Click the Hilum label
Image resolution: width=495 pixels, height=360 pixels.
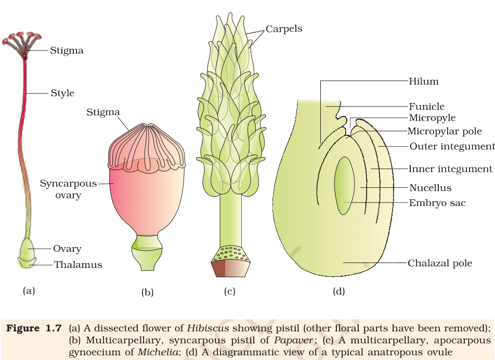point(424,81)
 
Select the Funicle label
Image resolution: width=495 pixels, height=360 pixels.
point(426,107)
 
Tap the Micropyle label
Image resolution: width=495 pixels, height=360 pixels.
point(432,118)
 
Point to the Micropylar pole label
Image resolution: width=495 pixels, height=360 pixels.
point(445,131)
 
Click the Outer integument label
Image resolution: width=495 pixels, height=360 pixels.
point(452,146)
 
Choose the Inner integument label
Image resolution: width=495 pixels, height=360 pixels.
point(450,169)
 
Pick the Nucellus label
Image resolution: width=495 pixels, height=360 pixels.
point(431,188)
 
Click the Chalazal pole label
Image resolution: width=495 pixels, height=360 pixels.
point(440,263)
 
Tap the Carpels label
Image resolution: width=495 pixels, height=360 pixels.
point(284,29)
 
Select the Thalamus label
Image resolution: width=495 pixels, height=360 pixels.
point(78,265)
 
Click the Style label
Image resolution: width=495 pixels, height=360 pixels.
point(62,93)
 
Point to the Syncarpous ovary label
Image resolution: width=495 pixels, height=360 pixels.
point(68,189)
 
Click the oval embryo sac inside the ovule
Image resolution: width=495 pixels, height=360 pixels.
point(344,186)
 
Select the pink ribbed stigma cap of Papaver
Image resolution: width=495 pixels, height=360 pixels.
point(147,147)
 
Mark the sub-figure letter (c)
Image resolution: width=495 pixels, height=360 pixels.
point(230,291)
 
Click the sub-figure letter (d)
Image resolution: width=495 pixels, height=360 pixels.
point(338,291)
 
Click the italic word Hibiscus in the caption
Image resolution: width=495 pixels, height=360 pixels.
point(208,328)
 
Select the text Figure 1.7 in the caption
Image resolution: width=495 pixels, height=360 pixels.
point(34,328)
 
